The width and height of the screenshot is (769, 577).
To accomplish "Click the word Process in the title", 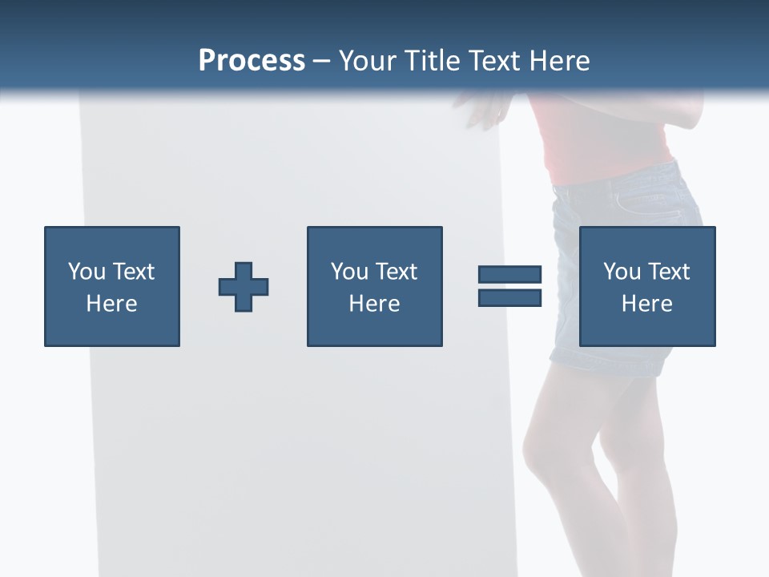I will tap(252, 61).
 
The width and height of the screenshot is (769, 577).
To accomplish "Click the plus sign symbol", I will tap(244, 287).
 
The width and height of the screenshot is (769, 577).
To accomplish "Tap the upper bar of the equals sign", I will tap(510, 275).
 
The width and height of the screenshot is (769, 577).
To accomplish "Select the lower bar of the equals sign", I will tap(510, 298).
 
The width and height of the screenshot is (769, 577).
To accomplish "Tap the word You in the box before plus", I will tap(87, 272).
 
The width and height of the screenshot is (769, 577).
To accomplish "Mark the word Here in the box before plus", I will tap(111, 304).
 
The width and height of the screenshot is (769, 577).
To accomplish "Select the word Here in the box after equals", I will tap(646, 304).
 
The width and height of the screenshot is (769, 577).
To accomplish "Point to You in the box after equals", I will tap(622, 272).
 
